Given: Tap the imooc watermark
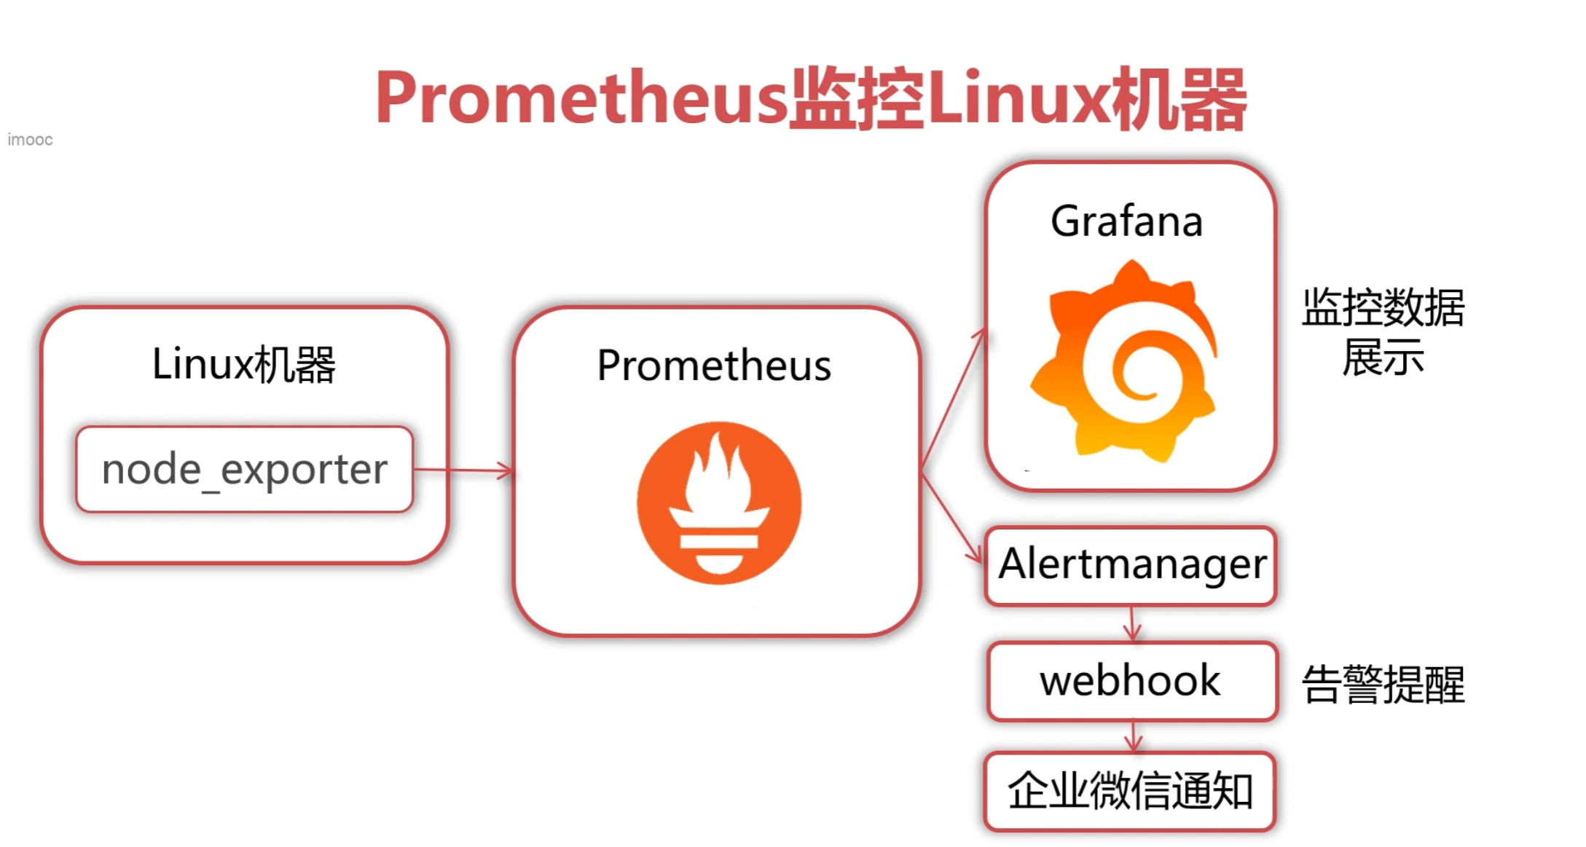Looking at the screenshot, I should [30, 139].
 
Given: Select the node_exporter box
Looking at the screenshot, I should [245, 470].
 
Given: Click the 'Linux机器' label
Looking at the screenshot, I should [243, 364].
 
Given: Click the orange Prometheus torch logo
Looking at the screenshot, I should [719, 503].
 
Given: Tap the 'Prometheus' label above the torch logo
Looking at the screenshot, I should [714, 365].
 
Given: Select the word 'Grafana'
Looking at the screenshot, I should [1126, 221].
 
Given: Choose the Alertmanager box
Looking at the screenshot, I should [1131, 565].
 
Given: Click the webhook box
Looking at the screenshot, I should [1131, 681].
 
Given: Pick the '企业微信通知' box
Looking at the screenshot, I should [1130, 791].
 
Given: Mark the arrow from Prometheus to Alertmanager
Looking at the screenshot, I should [951, 517].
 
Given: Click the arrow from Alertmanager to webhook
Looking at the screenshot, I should [1132, 623].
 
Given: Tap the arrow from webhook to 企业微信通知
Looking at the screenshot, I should [1133, 736].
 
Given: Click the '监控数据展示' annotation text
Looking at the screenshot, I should [1383, 331].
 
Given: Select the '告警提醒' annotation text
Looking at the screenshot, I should [1383, 685].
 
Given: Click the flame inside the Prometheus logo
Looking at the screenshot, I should [718, 473].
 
